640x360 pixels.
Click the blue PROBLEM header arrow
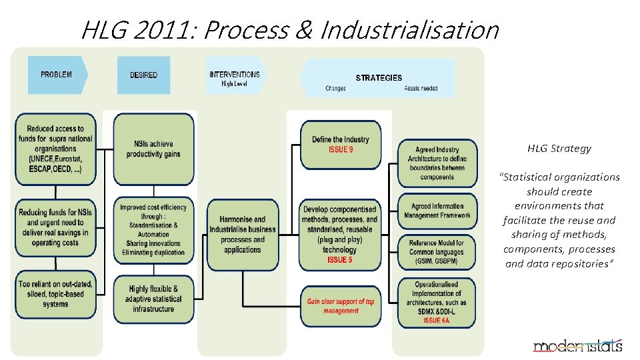(57, 75)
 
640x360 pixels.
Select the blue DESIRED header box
(143, 75)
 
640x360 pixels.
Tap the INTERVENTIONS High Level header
(235, 78)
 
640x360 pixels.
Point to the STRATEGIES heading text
(379, 78)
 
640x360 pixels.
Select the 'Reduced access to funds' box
(55, 149)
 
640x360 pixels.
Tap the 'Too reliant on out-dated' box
(55, 294)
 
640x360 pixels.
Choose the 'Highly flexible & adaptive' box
(154, 299)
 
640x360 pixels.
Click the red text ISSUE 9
(341, 149)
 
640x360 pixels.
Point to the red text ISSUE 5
(340, 259)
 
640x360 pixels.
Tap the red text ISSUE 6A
(437, 321)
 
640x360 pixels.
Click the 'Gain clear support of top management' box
(341, 306)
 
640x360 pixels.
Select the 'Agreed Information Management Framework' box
(437, 211)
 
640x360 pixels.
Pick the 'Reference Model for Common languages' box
(437, 252)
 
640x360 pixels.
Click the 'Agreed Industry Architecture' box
(437, 163)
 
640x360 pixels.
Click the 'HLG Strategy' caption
(559, 149)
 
